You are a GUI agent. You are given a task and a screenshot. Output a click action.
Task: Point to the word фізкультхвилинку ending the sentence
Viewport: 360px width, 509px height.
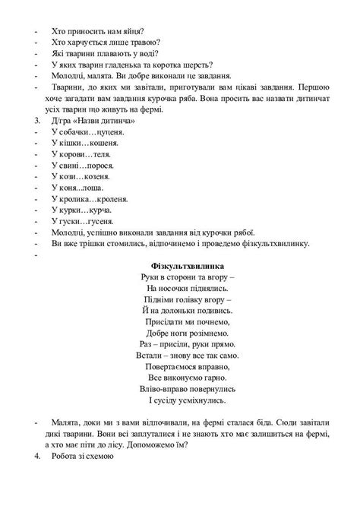point(273,243)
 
